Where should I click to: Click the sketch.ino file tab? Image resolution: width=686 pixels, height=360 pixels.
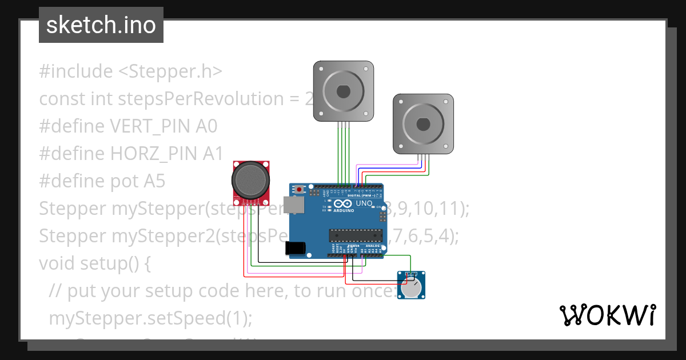tap(101, 25)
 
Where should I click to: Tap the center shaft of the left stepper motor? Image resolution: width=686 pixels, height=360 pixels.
tap(343, 91)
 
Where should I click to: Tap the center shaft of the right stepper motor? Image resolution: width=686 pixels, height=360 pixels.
tap(423, 124)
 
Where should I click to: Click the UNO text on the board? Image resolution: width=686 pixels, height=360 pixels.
tap(364, 203)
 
